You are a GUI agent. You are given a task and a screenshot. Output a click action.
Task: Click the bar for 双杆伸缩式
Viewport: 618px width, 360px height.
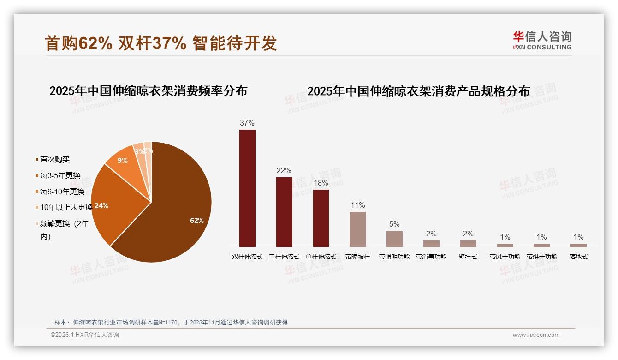[x=247, y=188]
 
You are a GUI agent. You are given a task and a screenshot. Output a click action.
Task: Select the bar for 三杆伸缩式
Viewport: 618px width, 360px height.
[x=284, y=212]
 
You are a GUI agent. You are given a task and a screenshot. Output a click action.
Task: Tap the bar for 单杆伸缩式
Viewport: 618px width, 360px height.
[x=321, y=218]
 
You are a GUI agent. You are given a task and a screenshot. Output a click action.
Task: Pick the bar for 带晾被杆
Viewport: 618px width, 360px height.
[x=357, y=229]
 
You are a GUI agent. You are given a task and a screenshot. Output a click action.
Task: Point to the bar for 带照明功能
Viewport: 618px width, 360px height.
[x=394, y=239]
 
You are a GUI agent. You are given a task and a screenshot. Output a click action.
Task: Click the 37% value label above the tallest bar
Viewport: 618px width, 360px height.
[x=247, y=123]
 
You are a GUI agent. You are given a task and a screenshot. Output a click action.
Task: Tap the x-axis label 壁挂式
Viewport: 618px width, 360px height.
[x=468, y=257]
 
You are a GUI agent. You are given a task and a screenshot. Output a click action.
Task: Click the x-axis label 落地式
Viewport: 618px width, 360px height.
[x=578, y=257]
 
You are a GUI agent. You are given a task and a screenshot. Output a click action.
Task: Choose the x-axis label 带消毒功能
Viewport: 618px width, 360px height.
[x=431, y=257]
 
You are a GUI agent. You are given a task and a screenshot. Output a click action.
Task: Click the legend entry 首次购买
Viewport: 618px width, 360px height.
[x=55, y=160]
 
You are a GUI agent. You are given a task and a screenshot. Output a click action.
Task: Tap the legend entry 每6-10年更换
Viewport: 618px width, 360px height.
[x=62, y=192]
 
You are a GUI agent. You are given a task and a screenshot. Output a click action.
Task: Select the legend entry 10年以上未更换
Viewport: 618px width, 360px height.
[x=66, y=208]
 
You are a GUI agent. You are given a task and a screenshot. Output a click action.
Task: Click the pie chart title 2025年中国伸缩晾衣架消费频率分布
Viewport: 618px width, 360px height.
[x=148, y=91]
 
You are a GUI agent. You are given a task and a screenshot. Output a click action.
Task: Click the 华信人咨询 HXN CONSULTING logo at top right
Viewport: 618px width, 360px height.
[x=542, y=40]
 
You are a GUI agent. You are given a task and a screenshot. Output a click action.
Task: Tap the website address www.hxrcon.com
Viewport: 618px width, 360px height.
[x=536, y=335]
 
